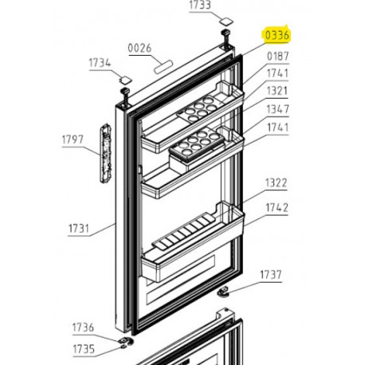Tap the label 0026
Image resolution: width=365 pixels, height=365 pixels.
(x=139, y=49)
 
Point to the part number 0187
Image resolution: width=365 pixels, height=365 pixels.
(x=277, y=56)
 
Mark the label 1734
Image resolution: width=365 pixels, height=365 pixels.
(x=100, y=62)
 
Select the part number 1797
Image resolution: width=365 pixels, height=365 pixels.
(x=73, y=140)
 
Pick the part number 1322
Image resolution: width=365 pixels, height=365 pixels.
(x=277, y=182)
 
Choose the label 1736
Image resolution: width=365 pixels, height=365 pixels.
(x=83, y=328)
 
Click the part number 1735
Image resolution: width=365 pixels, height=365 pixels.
(x=83, y=349)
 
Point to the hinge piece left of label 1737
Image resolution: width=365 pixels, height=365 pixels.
(x=226, y=293)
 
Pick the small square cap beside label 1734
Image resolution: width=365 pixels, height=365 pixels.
(x=124, y=79)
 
